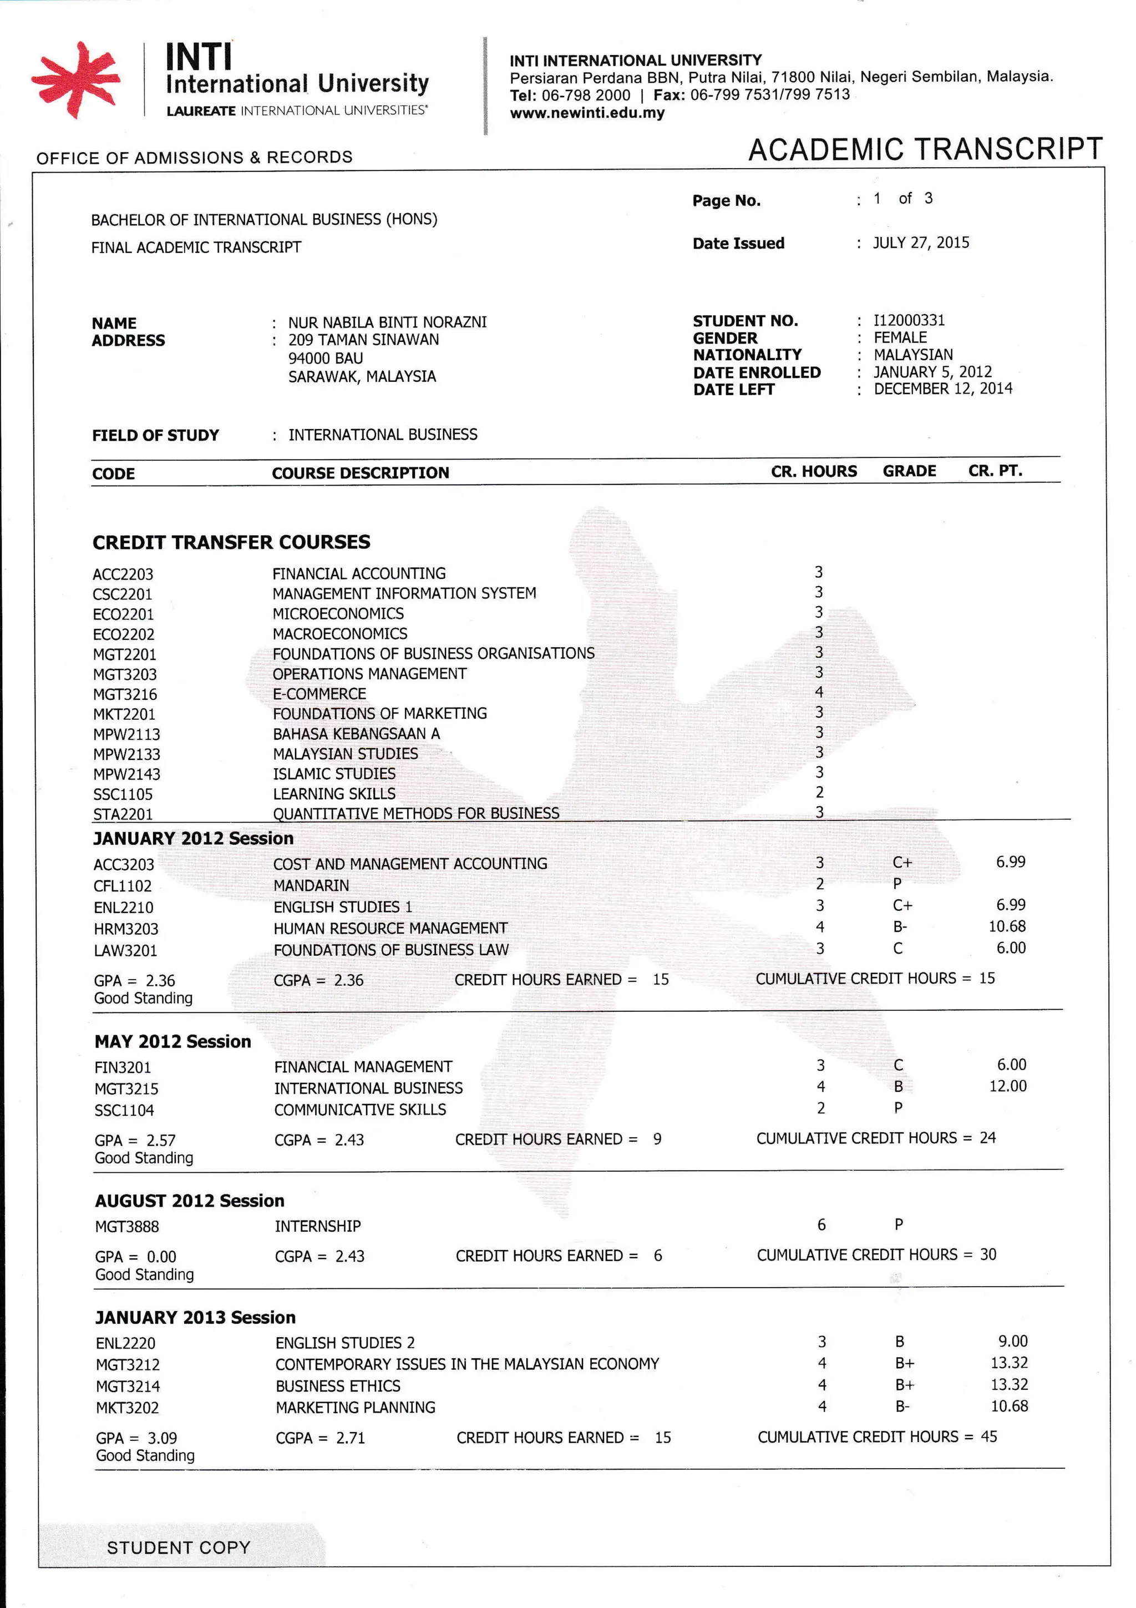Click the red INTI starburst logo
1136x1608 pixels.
coord(75,79)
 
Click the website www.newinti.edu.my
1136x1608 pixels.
coord(586,113)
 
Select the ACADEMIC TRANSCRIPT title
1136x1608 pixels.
coord(925,149)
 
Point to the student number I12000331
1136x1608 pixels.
coord(909,321)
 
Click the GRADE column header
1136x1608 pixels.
coord(909,471)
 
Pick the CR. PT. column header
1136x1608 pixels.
coord(995,471)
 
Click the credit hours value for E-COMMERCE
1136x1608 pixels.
coord(818,692)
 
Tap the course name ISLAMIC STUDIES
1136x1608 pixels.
coord(334,774)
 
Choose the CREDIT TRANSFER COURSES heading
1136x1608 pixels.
coord(231,542)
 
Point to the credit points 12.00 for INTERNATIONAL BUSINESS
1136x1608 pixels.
coord(1007,1086)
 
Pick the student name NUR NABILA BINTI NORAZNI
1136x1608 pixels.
coord(387,322)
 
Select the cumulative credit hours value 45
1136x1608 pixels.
coord(988,1437)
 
